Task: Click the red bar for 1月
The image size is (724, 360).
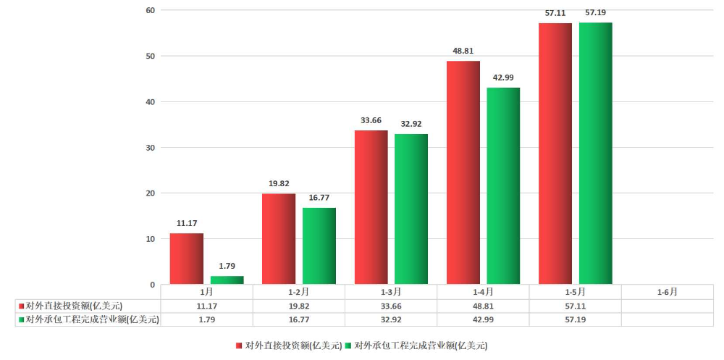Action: pyautogui.click(x=187, y=259)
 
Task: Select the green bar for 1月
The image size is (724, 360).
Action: pyautogui.click(x=227, y=280)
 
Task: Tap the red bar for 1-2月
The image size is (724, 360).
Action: pyautogui.click(x=279, y=239)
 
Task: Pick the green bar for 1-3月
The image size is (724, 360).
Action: pyautogui.click(x=411, y=209)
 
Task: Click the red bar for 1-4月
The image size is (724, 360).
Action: pyautogui.click(x=463, y=172)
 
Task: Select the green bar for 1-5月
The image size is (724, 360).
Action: pyautogui.click(x=596, y=154)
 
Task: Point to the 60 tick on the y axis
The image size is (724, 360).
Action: pyautogui.click(x=151, y=10)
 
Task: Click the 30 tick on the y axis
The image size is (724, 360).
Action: pyautogui.click(x=151, y=148)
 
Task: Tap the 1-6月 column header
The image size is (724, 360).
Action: pyautogui.click(x=667, y=292)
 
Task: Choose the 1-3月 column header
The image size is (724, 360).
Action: pyautogui.click(x=391, y=292)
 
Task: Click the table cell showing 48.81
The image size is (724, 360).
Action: pyautogui.click(x=483, y=306)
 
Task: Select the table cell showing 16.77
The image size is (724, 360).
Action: pyautogui.click(x=298, y=319)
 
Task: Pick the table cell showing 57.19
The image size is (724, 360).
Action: pyautogui.click(x=575, y=319)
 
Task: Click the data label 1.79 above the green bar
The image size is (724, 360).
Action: pyautogui.click(x=227, y=266)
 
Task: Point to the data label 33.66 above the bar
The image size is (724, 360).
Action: pyautogui.click(x=371, y=120)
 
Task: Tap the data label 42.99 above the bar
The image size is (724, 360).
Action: pyautogui.click(x=503, y=78)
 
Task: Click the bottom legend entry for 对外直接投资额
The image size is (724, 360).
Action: pyautogui.click(x=289, y=346)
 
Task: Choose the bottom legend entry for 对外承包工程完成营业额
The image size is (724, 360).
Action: pyautogui.click(x=421, y=346)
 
